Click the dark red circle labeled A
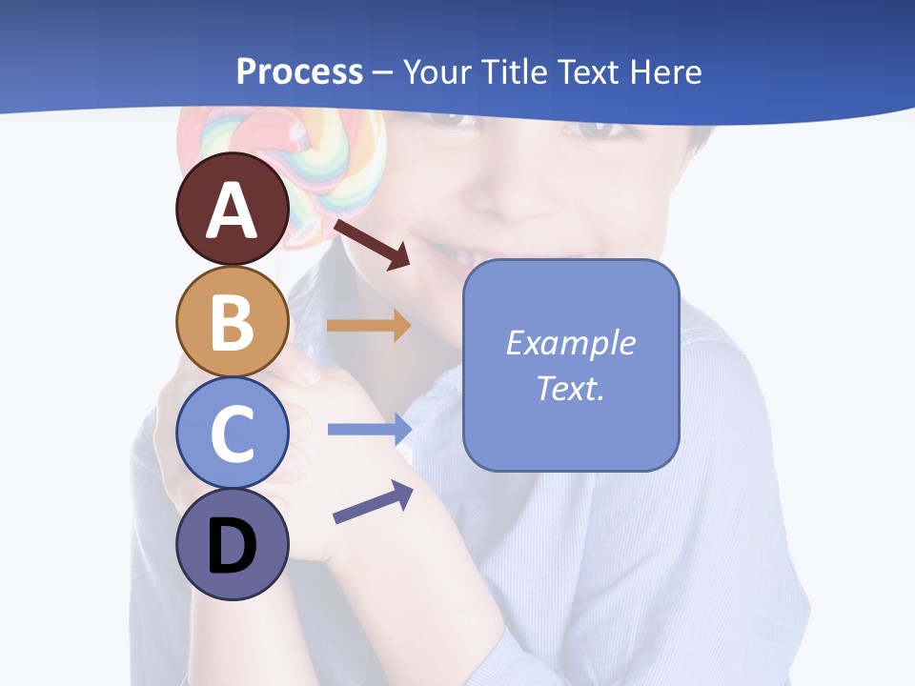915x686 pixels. [232, 209]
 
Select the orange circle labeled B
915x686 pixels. [232, 321]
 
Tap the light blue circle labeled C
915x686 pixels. [232, 433]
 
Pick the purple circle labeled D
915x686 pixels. [232, 544]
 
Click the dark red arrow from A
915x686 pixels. [371, 244]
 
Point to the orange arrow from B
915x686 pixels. [368, 326]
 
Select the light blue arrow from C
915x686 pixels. [368, 429]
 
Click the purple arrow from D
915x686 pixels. [373, 503]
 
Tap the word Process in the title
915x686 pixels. [299, 71]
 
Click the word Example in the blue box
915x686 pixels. [570, 343]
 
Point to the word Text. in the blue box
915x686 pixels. [570, 388]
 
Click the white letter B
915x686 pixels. [232, 322]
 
